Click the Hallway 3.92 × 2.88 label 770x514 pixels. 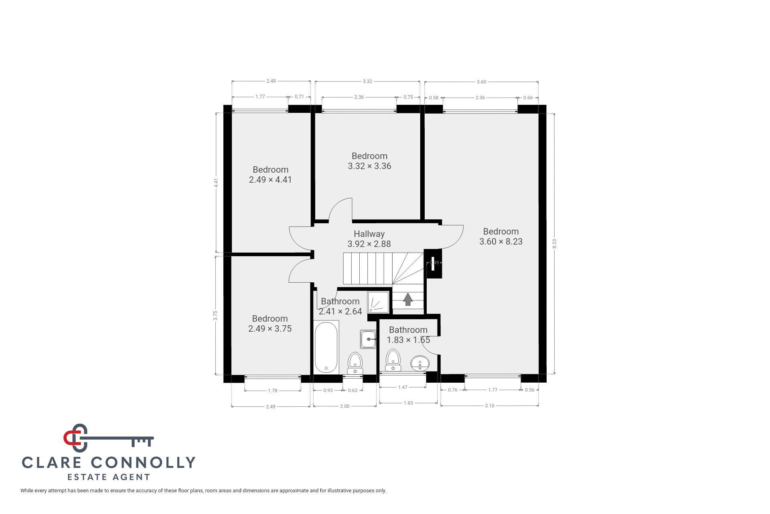(369, 239)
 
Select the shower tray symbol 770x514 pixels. (379, 302)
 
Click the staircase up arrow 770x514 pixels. (408, 299)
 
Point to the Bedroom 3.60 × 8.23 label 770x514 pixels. (501, 237)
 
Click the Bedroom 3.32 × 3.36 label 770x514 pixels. (369, 161)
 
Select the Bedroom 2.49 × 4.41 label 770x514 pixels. (270, 175)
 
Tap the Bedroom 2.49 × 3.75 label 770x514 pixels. (270, 324)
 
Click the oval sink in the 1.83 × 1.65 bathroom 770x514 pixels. (420, 363)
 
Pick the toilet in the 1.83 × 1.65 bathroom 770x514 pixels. (393, 360)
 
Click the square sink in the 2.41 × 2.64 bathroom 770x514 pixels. (368, 339)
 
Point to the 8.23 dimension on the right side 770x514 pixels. (555, 244)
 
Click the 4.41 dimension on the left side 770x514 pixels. (216, 183)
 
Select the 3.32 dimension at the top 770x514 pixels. (367, 82)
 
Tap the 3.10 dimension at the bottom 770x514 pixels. (489, 406)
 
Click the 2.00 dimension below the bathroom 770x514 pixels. (344, 406)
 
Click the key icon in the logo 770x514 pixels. (109, 437)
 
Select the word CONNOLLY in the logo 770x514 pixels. (144, 463)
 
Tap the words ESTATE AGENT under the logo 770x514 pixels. (108, 477)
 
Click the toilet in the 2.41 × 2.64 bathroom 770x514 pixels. (355, 363)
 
